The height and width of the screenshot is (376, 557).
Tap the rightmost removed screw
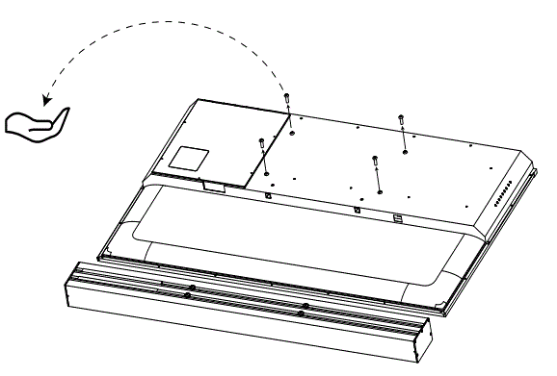[x=402, y=120]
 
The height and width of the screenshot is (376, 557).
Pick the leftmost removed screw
[x=262, y=145]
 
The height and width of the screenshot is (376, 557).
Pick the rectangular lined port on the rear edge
[x=396, y=216]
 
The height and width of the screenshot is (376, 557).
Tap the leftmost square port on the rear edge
[x=268, y=195]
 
